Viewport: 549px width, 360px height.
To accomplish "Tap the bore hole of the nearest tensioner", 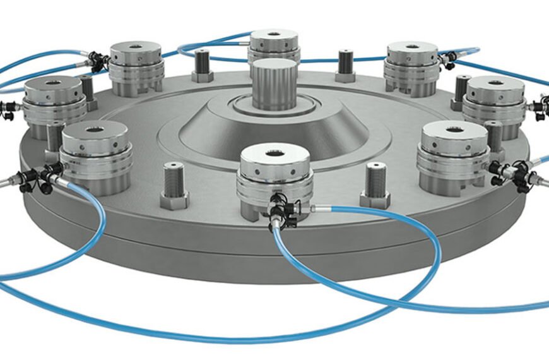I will [x=275, y=153].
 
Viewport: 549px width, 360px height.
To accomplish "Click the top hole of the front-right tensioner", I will [x=455, y=130].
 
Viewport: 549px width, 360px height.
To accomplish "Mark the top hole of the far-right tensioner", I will [x=496, y=83].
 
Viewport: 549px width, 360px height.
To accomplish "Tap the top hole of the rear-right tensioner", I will [x=412, y=46].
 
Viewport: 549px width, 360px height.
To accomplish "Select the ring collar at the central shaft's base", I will [x=273, y=107].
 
